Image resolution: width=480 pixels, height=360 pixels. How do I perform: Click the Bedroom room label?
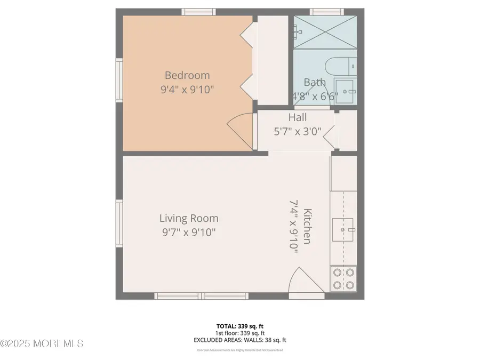tap(187, 75)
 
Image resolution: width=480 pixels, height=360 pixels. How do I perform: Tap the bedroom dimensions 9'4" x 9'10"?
tap(187, 90)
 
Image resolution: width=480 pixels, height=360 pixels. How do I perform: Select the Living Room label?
tap(189, 218)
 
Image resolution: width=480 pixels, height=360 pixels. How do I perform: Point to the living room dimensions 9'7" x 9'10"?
tap(189, 233)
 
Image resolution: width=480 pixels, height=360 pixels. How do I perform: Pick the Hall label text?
tap(297, 117)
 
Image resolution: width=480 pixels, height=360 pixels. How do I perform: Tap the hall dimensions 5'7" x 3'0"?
tap(297, 131)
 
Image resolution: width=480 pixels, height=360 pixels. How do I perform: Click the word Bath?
tap(314, 83)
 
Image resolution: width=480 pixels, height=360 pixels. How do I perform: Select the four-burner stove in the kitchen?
tap(343, 279)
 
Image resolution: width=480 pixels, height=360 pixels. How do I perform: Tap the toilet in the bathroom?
tap(340, 67)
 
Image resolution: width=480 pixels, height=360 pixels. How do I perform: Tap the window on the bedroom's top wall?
tap(198, 12)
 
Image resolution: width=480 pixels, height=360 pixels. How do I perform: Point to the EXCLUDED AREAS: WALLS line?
tap(239, 340)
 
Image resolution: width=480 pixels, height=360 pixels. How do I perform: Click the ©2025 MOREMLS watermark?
tap(42, 343)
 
